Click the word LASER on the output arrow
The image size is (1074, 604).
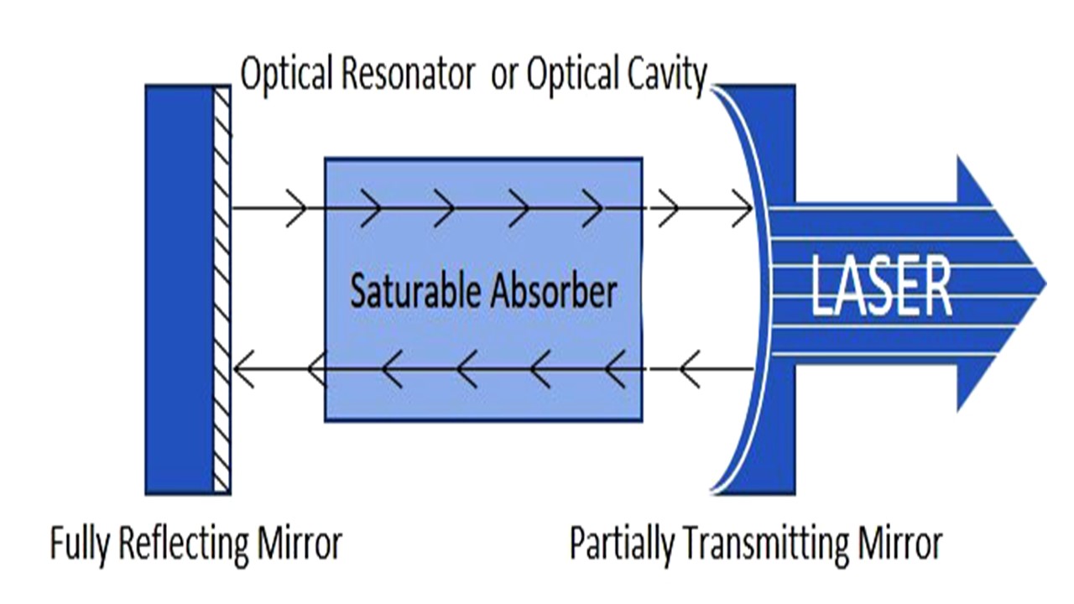click(x=881, y=286)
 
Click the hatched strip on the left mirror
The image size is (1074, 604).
click(x=222, y=289)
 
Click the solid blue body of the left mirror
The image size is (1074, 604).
click(x=179, y=289)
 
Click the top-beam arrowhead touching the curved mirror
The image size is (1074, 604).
click(x=743, y=208)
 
